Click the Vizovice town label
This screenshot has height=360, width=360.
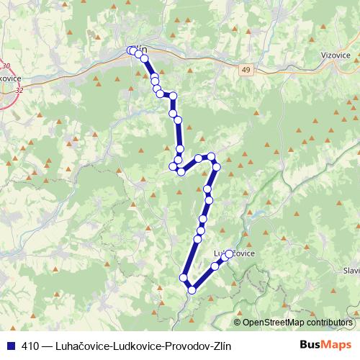click(336, 54)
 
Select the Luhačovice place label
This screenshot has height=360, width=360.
click(235, 253)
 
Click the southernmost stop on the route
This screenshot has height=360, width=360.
click(192, 290)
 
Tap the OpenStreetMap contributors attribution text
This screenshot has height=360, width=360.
click(297, 323)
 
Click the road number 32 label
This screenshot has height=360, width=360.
click(18, 90)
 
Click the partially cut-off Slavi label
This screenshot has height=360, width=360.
click(351, 271)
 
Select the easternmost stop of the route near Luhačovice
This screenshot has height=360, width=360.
click(230, 254)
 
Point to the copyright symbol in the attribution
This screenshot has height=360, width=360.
click(238, 323)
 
